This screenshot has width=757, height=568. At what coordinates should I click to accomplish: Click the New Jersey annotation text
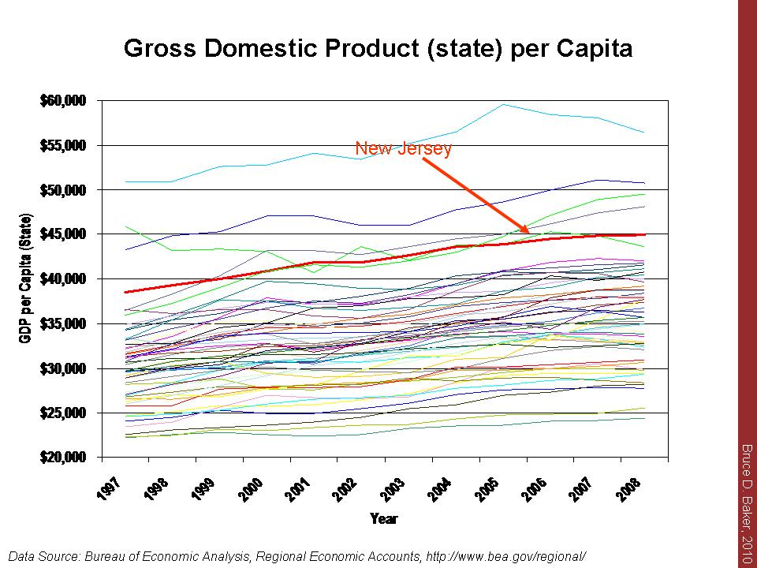(x=403, y=148)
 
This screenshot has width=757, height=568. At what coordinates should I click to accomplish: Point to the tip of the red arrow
(x=528, y=234)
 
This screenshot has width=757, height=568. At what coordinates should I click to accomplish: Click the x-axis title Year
(x=384, y=518)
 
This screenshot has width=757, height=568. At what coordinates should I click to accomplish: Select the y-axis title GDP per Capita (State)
(x=26, y=278)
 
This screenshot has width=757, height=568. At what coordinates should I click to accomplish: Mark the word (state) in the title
(x=445, y=49)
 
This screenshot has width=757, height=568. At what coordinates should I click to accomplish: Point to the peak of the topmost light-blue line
(x=503, y=104)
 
